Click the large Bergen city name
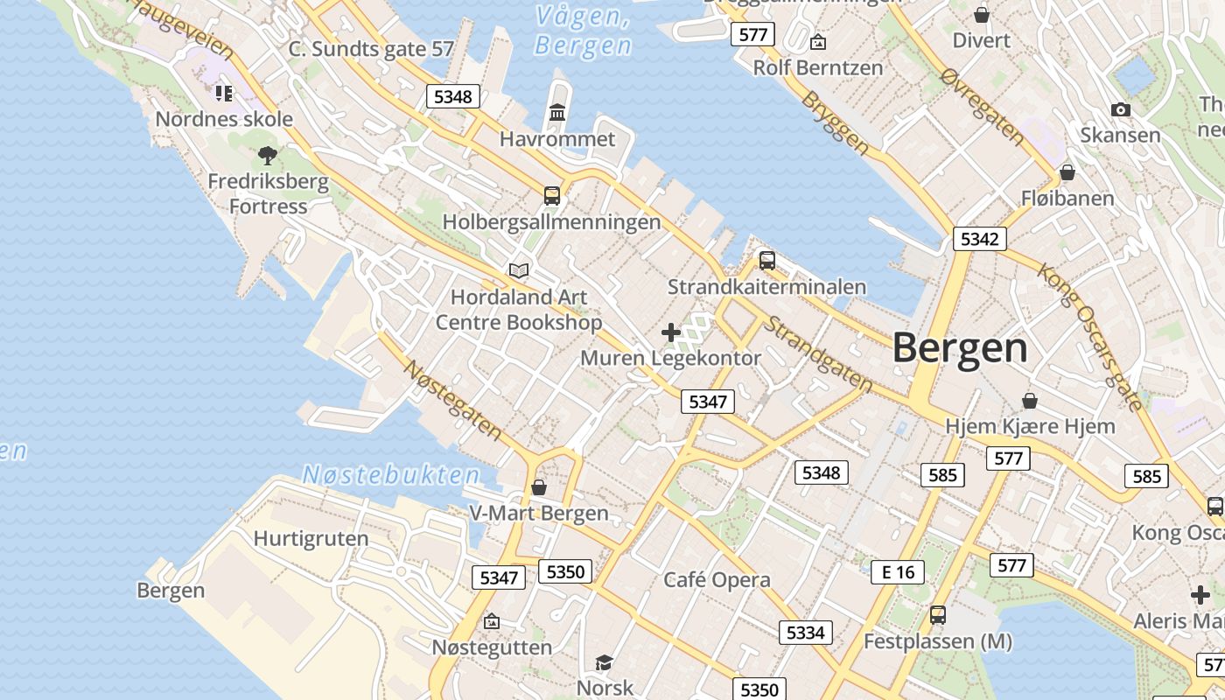(x=960, y=348)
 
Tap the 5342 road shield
(x=979, y=239)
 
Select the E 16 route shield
(x=898, y=572)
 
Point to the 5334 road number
(x=805, y=632)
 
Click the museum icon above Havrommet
(x=557, y=112)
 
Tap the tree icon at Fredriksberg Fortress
(x=268, y=156)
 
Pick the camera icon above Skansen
(x=1120, y=109)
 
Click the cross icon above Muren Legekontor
(x=671, y=332)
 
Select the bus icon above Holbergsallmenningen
(x=552, y=195)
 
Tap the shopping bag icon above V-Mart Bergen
(x=539, y=486)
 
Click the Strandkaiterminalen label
(x=766, y=287)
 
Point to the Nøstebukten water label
(x=391, y=475)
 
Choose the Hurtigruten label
(x=311, y=538)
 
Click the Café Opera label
(x=717, y=579)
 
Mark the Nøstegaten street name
(x=452, y=399)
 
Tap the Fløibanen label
(x=1067, y=199)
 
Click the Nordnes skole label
(x=224, y=118)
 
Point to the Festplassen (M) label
(x=937, y=641)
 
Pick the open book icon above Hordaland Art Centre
(x=519, y=270)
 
